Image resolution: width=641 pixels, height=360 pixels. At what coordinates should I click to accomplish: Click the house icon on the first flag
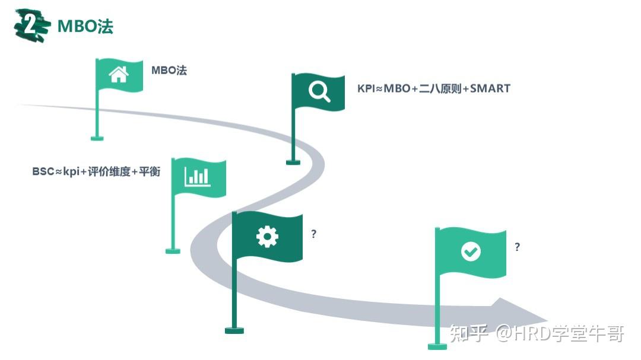[x=119, y=75]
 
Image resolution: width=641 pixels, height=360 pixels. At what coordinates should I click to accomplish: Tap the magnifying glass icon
[x=319, y=91]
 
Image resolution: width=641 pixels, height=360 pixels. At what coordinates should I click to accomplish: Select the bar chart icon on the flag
[x=197, y=176]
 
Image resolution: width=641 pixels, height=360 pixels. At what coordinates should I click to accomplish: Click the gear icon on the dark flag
[x=267, y=237]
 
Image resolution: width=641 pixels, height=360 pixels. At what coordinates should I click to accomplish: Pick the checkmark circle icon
[x=471, y=251]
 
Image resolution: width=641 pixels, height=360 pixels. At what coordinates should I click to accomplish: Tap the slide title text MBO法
[x=85, y=26]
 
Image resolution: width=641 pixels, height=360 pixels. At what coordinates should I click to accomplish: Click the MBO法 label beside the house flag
[x=169, y=71]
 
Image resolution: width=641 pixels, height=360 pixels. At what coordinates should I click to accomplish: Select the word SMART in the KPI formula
[x=490, y=88]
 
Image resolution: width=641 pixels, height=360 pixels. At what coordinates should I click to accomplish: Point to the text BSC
[x=43, y=172]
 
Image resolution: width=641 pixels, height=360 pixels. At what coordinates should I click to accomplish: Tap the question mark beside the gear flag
[x=314, y=234]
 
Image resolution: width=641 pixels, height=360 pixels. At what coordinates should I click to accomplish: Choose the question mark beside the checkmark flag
[x=518, y=247]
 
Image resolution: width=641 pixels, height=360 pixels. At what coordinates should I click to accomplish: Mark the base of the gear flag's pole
[x=234, y=330]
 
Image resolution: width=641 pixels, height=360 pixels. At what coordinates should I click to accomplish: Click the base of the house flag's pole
[x=97, y=138]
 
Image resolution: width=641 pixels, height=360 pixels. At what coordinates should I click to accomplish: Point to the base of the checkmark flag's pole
[x=437, y=346]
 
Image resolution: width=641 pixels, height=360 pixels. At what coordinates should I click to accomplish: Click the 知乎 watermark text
[x=469, y=334]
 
